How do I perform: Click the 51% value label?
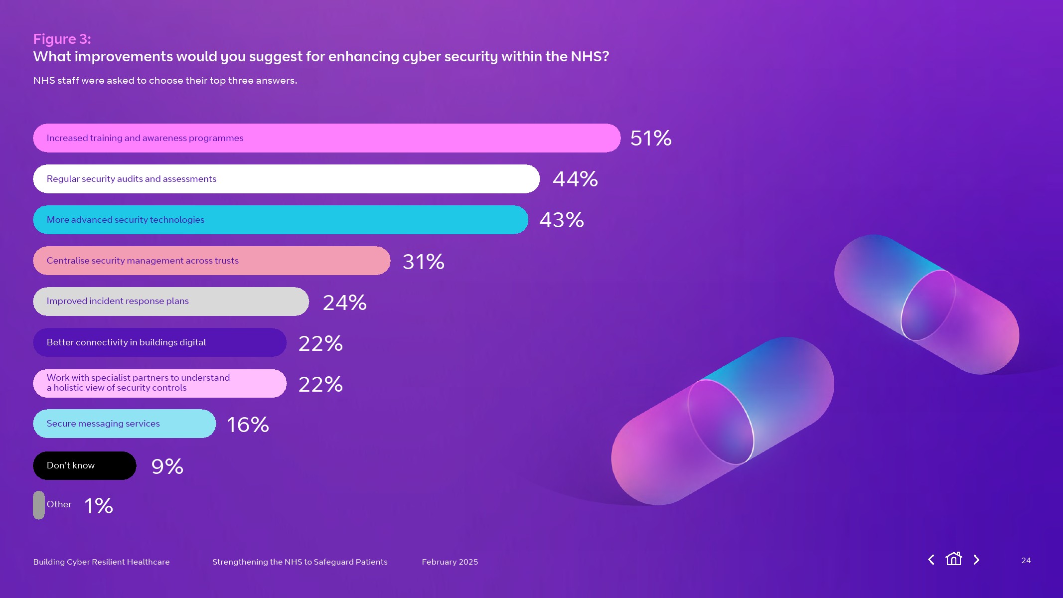coord(650,138)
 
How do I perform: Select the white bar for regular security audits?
coord(286,179)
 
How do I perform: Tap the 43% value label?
coord(561,220)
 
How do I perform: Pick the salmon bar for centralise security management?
coord(211,261)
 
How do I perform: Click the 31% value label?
coord(423,262)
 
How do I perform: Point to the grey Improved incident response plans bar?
coord(170,301)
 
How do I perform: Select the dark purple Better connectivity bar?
coord(159,342)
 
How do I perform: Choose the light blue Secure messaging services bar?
coord(124,424)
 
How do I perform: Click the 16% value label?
coord(248,425)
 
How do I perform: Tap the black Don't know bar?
coord(84,465)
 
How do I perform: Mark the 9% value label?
coord(167,466)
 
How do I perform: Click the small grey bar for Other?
coord(39,505)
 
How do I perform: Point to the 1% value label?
coord(98,506)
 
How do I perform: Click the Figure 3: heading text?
coord(62,39)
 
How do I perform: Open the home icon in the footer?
coord(953,559)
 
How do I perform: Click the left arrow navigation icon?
coord(931,560)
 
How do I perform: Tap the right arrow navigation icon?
coord(976,560)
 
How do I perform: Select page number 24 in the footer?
coord(1026,560)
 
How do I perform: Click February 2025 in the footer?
coord(450,562)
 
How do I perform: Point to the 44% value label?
coord(575,179)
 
